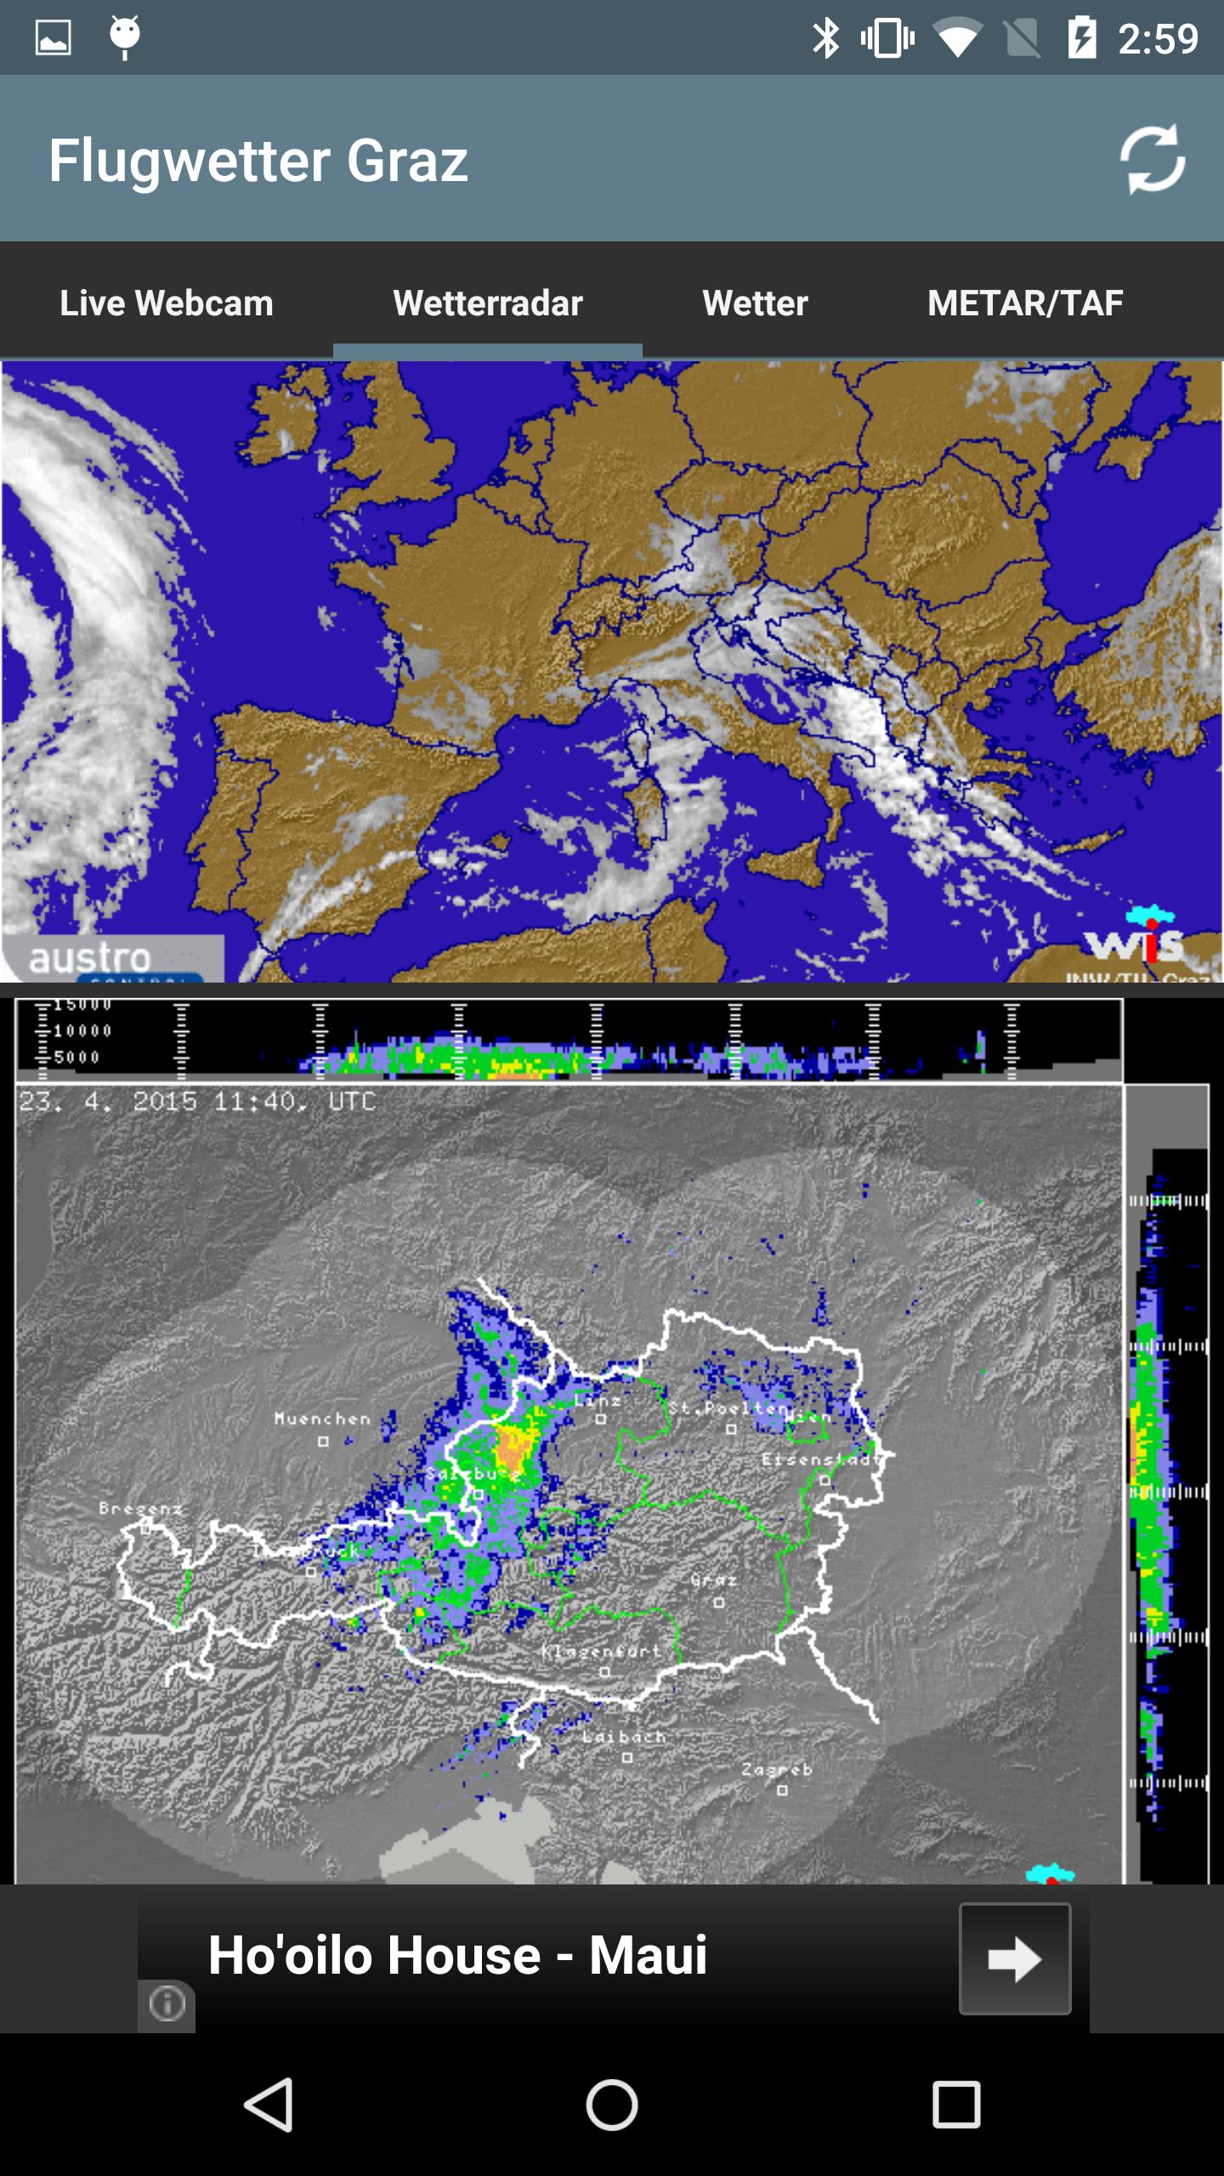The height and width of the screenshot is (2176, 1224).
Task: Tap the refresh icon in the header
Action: coord(1153,159)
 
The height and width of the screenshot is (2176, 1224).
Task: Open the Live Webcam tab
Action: coord(167,303)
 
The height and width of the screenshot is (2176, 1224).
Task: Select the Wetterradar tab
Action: coord(488,303)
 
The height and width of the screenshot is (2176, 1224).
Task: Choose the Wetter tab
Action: coord(755,303)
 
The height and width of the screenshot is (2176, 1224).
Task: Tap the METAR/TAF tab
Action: coord(1025,303)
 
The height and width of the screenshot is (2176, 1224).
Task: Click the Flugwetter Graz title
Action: coord(258,161)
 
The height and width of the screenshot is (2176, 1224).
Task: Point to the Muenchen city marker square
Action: coord(323,1441)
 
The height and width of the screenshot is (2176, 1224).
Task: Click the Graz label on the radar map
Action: coord(714,1579)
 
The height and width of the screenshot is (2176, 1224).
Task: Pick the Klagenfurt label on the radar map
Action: coord(602,1651)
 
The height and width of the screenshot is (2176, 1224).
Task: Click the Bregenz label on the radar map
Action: coord(141,1509)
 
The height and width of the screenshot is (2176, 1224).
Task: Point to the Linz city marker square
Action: coord(601,1419)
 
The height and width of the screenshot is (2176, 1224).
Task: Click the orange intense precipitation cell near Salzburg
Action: coord(513,1442)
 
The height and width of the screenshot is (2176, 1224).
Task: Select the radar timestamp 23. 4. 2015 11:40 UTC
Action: coord(197,1102)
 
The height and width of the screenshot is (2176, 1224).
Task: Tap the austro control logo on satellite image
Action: coord(92,959)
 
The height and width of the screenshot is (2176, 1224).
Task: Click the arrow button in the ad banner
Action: coord(1015,1959)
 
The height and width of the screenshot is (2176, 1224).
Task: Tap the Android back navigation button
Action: coord(269,2105)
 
